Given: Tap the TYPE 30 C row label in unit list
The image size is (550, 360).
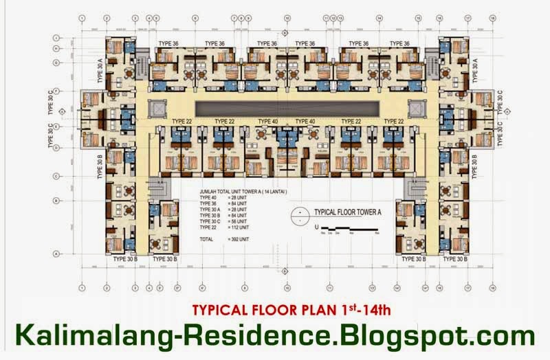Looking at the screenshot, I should (x=209, y=219).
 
